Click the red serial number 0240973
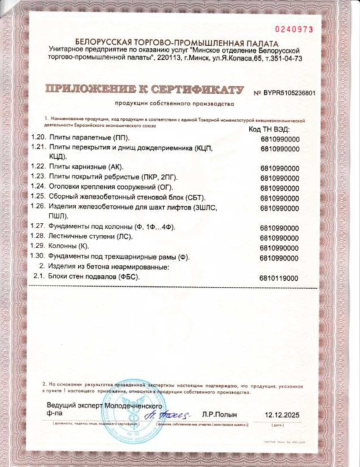[x=293, y=30]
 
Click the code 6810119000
[x=279, y=278]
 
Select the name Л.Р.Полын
[x=219, y=414]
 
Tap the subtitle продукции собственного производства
[x=175, y=104]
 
